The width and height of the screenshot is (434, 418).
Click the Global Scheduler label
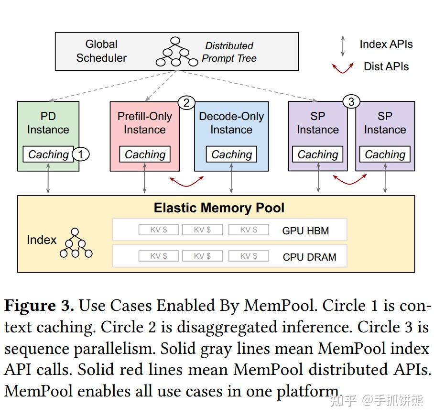[101, 51]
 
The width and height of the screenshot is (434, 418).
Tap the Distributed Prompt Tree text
[229, 52]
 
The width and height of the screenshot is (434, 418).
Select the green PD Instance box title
[48, 123]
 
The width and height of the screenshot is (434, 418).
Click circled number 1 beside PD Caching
[81, 154]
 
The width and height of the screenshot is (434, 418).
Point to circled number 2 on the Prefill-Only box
[186, 102]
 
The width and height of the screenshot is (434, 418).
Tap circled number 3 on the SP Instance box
[351, 102]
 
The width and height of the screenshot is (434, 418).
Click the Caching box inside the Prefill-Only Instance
[145, 154]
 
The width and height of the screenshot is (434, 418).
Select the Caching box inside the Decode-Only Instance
[231, 154]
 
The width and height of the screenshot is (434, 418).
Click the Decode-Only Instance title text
[231, 123]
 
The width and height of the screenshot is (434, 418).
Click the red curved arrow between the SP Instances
[350, 180]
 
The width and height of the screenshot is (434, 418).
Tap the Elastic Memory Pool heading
[219, 208]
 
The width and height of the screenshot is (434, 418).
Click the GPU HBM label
[305, 231]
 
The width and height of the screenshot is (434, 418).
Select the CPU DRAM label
[309, 257]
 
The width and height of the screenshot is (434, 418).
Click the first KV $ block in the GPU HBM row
[159, 230]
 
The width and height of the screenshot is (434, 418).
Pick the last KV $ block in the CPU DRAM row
[249, 256]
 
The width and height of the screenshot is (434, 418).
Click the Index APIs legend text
[386, 44]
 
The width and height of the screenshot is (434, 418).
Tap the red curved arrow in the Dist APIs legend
[343, 67]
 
